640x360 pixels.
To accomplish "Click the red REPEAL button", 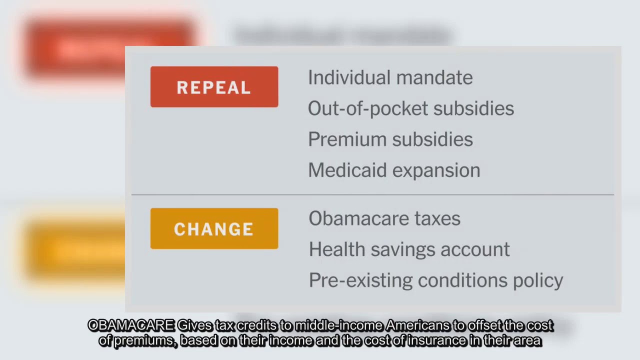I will (214, 87).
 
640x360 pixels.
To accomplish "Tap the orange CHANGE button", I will (214, 228).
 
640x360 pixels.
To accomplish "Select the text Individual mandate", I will (390, 78).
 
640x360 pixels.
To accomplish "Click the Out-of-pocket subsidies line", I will (410, 108).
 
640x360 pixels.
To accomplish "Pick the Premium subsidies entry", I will (390, 139).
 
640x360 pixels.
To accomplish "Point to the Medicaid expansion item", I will (394, 170).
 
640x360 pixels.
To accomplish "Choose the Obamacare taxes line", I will (384, 219).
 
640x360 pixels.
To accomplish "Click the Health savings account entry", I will (409, 249).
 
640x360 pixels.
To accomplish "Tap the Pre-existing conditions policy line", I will (435, 280).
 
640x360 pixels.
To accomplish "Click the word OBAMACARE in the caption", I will (131, 326).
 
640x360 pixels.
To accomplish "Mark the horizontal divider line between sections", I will (372, 194).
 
